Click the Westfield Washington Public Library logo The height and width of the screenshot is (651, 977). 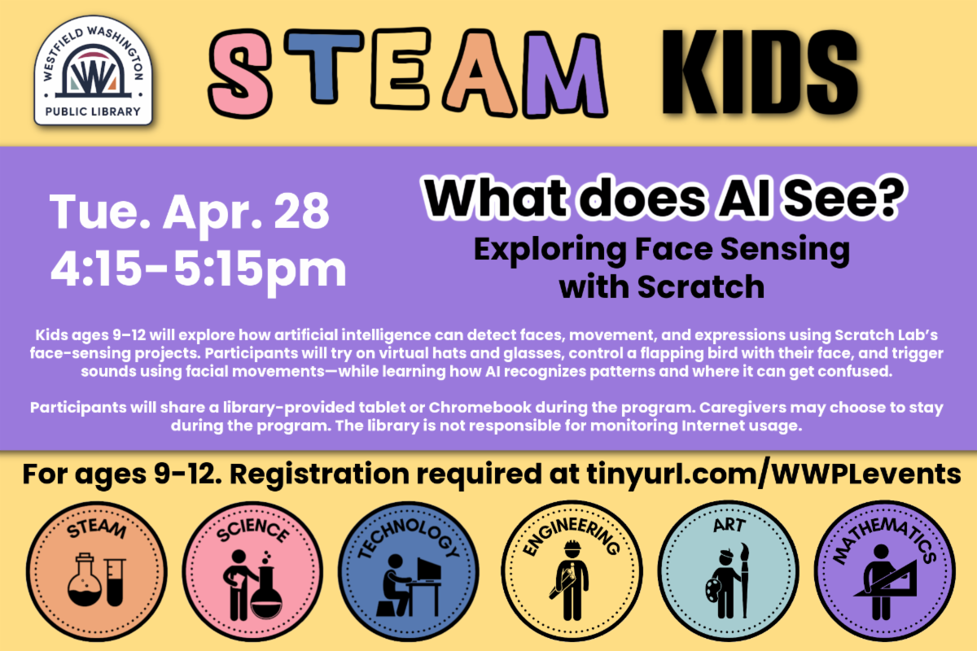pos(93,71)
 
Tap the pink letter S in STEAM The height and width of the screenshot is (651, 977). pos(240,73)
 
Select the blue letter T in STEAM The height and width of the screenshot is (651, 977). pos(324,66)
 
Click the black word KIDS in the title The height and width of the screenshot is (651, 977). pos(760,72)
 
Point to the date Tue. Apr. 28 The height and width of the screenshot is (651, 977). pos(189,212)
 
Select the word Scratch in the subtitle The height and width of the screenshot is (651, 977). pos(701,287)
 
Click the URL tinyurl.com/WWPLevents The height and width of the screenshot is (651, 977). pos(773,474)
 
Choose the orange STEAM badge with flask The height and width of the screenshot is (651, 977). pos(96,571)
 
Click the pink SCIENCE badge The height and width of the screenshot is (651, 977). pos(252,571)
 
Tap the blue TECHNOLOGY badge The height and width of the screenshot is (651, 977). pos(408,571)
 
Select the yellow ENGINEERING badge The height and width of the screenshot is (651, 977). pos(572,570)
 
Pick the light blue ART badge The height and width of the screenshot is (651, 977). pos(729,570)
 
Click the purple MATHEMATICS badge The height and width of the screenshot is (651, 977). pos(884,570)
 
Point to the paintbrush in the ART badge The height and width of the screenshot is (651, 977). pos(744,580)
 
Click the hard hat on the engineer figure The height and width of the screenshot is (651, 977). pos(572,545)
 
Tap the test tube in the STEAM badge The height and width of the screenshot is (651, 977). pos(115,582)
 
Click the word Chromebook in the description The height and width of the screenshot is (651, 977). pos(480,407)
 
